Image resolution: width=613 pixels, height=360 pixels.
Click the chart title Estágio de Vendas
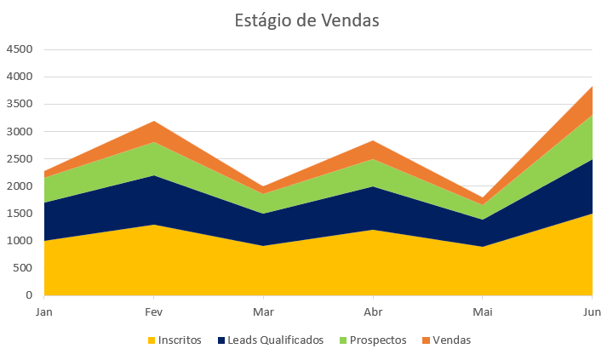pyautogui.click(x=306, y=20)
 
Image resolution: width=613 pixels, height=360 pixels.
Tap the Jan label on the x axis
pyautogui.click(x=44, y=312)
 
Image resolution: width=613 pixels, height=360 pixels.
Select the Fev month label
pyautogui.click(x=154, y=312)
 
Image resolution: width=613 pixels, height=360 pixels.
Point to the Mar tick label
pyautogui.click(x=263, y=312)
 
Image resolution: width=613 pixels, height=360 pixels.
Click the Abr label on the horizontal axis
pyautogui.click(x=373, y=312)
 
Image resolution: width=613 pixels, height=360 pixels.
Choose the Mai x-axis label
pyautogui.click(x=483, y=312)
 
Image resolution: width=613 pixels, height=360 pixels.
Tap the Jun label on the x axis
pyautogui.click(x=591, y=312)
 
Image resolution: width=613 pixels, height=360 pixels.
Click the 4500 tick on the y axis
pyautogui.click(x=19, y=49)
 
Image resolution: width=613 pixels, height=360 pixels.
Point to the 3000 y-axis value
pyautogui.click(x=19, y=132)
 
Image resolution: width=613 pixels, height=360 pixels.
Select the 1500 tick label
pyautogui.click(x=19, y=214)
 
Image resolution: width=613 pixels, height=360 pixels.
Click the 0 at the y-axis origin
pyautogui.click(x=28, y=295)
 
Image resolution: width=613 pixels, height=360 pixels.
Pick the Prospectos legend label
pyautogui.click(x=377, y=340)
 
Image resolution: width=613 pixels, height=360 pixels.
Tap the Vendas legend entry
pyautogui.click(x=451, y=340)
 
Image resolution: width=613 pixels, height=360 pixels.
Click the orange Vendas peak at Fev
pyautogui.click(x=154, y=129)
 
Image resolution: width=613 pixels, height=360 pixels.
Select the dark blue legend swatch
pyautogui.click(x=222, y=340)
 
